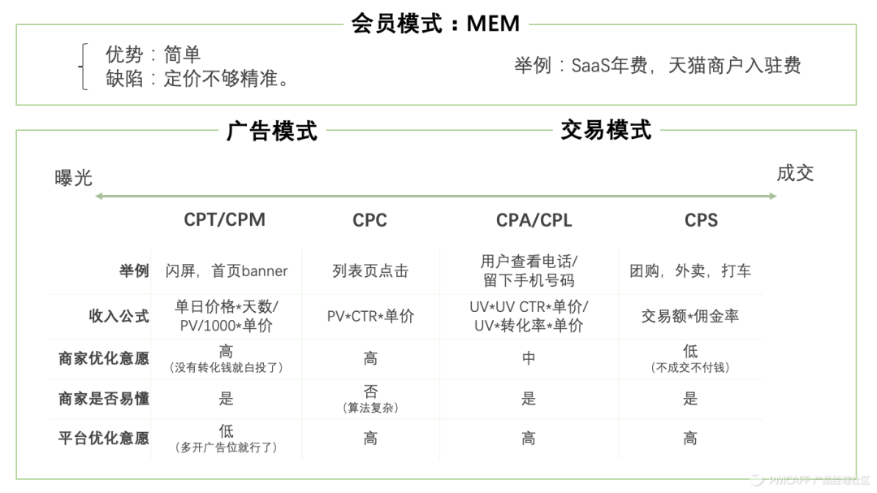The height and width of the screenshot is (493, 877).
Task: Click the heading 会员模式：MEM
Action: coord(435,23)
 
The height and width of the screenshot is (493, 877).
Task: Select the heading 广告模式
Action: coord(271,131)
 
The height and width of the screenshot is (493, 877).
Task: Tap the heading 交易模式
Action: coord(606,129)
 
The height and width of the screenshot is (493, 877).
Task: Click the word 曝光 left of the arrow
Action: coord(74,178)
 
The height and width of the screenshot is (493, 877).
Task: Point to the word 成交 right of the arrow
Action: coord(795,173)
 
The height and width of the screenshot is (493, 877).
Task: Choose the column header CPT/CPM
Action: coord(225,219)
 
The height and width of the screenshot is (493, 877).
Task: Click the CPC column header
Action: coord(369,220)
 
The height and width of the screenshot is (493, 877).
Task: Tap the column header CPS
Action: coord(701,220)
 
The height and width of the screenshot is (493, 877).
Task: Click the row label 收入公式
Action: coord(119,317)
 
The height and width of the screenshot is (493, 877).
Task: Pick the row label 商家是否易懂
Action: coord(104,399)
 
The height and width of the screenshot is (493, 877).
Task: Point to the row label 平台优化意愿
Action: coord(104,439)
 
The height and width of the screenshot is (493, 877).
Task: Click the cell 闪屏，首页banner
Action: coord(227,271)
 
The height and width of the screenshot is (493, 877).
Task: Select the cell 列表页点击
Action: coord(370,271)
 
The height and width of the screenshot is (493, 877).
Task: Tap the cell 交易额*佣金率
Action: coord(690,316)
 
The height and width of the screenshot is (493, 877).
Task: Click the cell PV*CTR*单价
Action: coord(370,317)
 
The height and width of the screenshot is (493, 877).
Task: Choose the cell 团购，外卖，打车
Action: coord(690,271)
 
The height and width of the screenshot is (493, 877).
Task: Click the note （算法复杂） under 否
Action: coord(370,408)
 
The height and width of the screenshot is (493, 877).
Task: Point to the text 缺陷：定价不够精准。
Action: coord(198,80)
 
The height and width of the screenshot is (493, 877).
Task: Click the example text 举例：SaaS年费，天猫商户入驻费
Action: coord(658,66)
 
